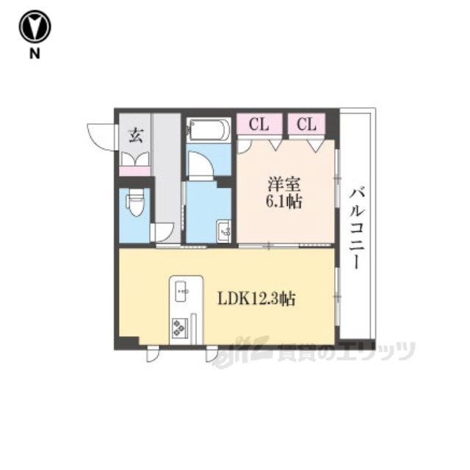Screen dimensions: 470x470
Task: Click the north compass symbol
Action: click(x=35, y=26)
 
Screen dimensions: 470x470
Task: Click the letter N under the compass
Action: click(x=35, y=54)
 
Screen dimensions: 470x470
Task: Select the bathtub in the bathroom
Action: click(x=209, y=130)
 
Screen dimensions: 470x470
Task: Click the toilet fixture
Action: click(x=135, y=203)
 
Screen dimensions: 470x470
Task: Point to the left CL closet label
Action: click(x=259, y=124)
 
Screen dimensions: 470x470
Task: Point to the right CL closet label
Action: click(x=306, y=124)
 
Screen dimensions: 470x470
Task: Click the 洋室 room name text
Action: click(x=284, y=184)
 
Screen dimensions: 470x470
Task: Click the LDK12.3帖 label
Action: click(x=256, y=299)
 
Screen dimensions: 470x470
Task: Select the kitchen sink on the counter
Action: click(x=181, y=291)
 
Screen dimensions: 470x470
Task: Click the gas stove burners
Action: click(x=179, y=327)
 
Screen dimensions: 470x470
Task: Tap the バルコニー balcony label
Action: click(x=358, y=228)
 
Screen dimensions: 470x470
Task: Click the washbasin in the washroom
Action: click(x=224, y=231)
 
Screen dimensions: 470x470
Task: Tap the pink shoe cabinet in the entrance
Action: click(x=135, y=171)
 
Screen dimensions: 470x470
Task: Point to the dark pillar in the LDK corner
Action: click(x=128, y=342)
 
